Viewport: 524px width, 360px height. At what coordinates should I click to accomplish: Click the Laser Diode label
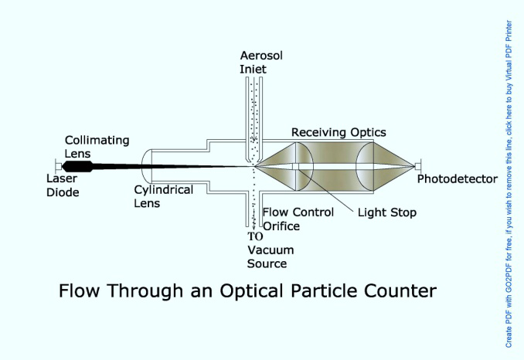(x=63, y=185)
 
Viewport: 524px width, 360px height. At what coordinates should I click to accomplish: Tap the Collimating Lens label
(x=97, y=147)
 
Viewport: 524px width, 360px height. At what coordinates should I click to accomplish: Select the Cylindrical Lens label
(x=164, y=196)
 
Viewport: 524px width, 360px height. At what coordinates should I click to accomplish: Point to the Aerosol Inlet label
(x=261, y=62)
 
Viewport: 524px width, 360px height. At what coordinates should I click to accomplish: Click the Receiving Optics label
(x=339, y=132)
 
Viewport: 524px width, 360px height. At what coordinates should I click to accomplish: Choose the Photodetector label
(x=458, y=179)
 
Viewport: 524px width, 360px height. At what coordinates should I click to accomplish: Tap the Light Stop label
(x=387, y=212)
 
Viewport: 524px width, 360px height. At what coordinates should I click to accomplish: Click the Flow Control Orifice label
(x=298, y=219)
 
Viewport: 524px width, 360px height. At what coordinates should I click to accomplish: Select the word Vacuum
(x=271, y=250)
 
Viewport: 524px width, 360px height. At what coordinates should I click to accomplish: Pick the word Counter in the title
(x=400, y=291)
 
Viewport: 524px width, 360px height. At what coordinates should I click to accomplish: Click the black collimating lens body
(x=78, y=166)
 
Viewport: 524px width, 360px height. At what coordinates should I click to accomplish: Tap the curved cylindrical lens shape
(x=147, y=166)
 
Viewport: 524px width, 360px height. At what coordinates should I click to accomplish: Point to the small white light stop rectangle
(x=295, y=166)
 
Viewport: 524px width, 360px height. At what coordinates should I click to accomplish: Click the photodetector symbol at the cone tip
(x=417, y=166)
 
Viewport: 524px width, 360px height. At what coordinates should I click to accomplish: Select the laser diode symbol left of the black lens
(x=59, y=166)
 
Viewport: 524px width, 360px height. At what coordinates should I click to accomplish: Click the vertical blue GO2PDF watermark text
(x=509, y=184)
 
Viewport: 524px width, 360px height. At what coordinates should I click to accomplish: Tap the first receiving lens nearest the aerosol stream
(x=304, y=166)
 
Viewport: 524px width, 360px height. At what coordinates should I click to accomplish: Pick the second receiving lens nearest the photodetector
(x=365, y=166)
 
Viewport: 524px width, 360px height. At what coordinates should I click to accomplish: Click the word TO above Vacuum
(x=255, y=236)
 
